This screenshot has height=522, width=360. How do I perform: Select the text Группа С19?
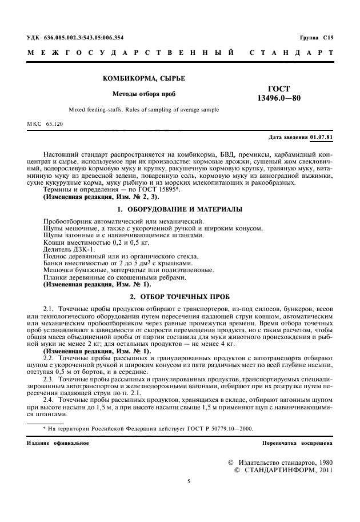316,37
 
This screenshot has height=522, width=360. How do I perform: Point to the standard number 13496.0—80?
278,98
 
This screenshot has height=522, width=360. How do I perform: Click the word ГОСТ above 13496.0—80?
278,89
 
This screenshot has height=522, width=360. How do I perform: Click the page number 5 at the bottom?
188,482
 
